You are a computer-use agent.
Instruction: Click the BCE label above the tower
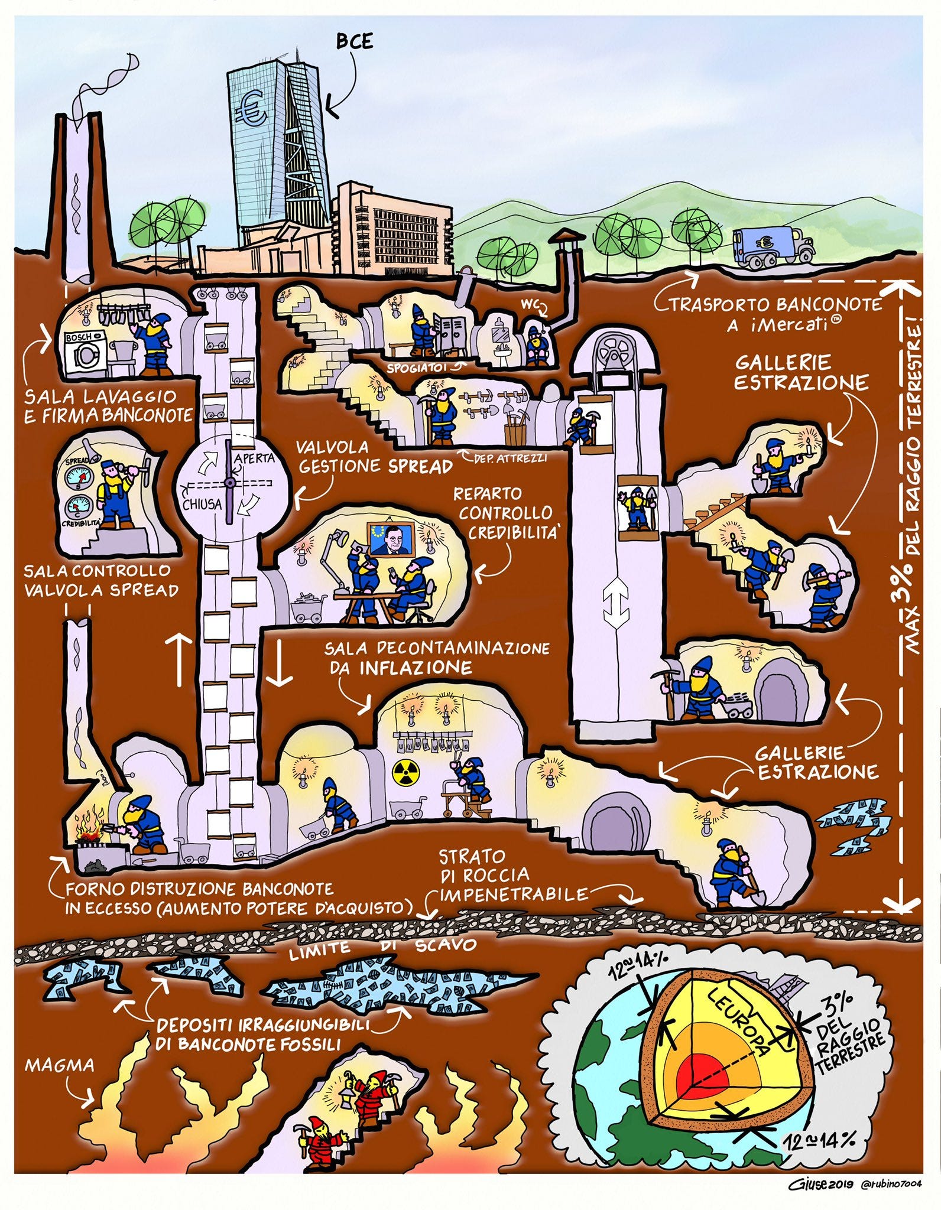tap(355, 42)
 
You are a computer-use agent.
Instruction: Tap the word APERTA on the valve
tap(254, 458)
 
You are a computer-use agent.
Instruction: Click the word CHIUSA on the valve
tap(202, 504)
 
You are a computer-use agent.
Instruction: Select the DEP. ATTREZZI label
tap(509, 457)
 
